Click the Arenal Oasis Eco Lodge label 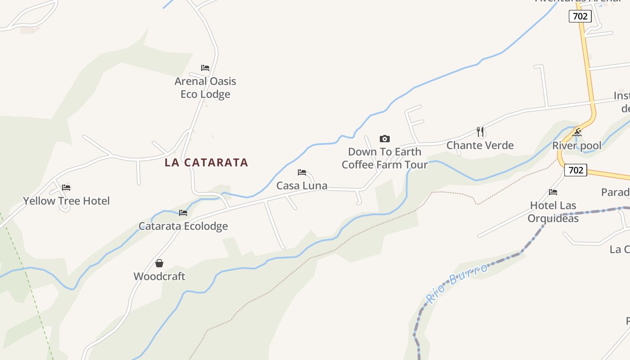click(x=205, y=88)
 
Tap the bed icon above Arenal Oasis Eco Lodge click(x=205, y=68)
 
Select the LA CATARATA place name click(x=206, y=162)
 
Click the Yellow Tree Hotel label click(x=66, y=201)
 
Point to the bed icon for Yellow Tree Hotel click(x=66, y=188)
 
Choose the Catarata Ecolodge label click(x=183, y=226)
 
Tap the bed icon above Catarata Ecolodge click(x=183, y=213)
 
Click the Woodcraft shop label click(x=159, y=276)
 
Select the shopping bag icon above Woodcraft click(x=159, y=263)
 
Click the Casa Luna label click(x=301, y=185)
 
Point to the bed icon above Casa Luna click(x=302, y=172)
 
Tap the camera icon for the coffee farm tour click(x=384, y=139)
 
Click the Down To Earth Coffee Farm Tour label click(x=384, y=158)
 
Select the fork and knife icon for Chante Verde click(x=480, y=132)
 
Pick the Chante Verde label click(x=480, y=145)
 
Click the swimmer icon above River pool click(x=577, y=132)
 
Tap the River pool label click(x=577, y=146)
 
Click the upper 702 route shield click(x=580, y=17)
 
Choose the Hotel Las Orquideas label click(x=553, y=211)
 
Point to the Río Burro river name click(x=457, y=283)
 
